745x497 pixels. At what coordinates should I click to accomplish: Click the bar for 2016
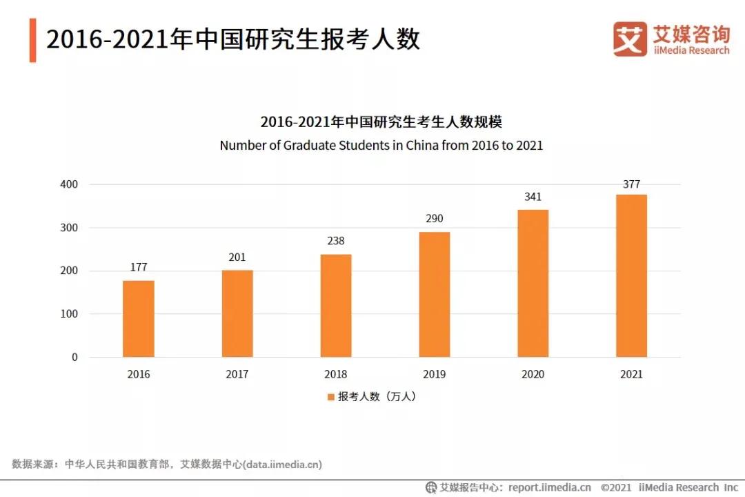139,319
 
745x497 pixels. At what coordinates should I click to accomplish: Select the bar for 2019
435,295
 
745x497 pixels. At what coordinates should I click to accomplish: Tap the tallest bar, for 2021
631,276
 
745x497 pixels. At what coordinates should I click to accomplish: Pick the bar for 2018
336,306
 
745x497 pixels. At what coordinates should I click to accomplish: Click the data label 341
533,197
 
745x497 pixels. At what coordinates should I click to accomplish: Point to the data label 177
139,267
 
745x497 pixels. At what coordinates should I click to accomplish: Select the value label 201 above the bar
237,257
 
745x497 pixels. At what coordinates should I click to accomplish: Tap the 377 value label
631,184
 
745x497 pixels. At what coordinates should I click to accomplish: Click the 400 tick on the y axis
69,185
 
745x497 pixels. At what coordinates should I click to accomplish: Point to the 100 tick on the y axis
69,314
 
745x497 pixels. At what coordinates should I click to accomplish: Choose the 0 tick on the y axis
74,358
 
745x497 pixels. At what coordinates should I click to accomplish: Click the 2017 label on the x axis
237,374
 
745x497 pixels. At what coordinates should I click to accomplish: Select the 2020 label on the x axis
533,374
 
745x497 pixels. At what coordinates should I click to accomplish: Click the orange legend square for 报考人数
331,397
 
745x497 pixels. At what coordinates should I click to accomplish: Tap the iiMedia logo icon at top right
630,39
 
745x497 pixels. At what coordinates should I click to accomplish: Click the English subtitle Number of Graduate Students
381,146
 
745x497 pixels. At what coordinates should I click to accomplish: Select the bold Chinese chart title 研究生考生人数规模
381,122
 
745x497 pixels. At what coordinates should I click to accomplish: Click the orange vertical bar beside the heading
32,40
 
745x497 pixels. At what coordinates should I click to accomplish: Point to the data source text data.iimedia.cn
283,464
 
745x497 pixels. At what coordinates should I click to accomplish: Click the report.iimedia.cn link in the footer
550,487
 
